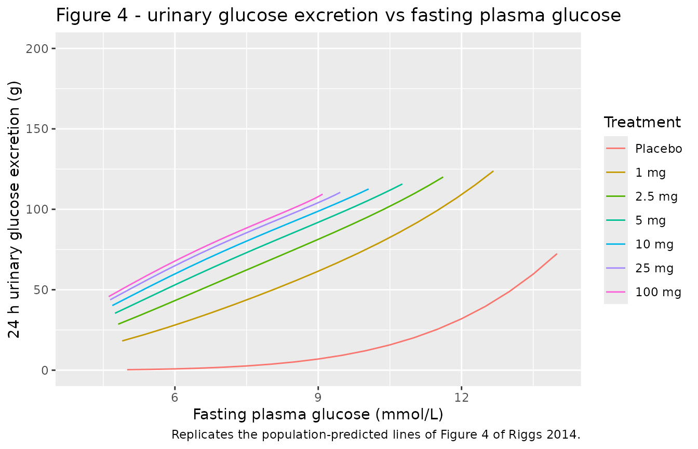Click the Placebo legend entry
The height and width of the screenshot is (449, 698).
[659, 149]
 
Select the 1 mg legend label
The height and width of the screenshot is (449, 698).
[650, 173]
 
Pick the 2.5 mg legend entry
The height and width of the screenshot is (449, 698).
[656, 196]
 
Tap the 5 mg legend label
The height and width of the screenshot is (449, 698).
[650, 220]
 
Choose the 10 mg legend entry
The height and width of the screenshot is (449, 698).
[654, 244]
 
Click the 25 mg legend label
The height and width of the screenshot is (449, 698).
[654, 268]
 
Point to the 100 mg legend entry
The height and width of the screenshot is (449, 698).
[658, 292]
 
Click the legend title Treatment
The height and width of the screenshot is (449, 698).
[642, 122]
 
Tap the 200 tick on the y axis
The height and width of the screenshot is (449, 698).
[37, 49]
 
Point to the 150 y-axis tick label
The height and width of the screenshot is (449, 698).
[37, 129]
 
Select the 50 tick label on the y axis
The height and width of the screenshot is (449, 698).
[41, 290]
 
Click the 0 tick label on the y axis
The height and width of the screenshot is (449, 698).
[45, 371]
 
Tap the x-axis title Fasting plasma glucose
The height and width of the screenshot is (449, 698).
[318, 415]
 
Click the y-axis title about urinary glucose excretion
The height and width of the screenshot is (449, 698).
[15, 209]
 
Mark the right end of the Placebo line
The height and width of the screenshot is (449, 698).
[557, 254]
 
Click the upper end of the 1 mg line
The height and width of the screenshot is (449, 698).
[493, 171]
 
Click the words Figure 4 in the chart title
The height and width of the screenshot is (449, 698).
[92, 15]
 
